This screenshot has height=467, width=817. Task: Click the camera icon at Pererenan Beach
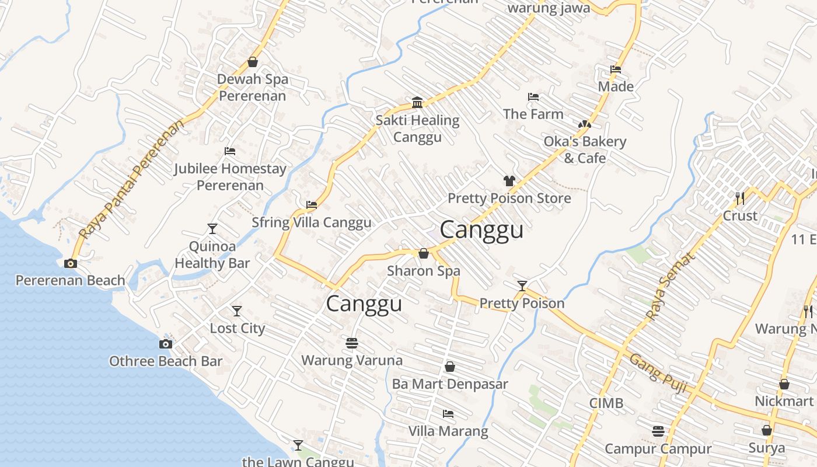pos(70,264)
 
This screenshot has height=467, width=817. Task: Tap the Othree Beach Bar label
pos(166,361)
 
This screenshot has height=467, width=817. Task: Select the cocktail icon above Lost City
pos(236,311)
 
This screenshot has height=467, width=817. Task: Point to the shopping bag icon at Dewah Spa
pos(253,61)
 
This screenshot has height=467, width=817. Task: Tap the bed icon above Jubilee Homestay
pos(230,151)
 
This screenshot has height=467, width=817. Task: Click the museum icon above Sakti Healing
pos(417,103)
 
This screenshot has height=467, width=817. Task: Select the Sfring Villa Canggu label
pos(311,222)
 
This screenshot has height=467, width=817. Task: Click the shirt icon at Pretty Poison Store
pos(509,181)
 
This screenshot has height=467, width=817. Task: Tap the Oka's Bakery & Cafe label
pos(585,149)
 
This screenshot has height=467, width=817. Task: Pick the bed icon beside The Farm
pos(533,97)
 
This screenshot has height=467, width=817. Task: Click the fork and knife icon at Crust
pos(740,198)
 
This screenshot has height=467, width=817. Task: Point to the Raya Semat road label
pos(671,286)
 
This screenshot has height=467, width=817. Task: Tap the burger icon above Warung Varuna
pos(351,343)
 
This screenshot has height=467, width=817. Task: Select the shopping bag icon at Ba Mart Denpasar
pos(450,367)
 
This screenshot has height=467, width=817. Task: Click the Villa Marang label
pos(448,431)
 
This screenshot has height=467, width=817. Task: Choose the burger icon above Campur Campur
pos(658,431)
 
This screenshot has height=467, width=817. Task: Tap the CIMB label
pos(606,403)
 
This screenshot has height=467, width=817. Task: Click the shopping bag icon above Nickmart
pos(784,384)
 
